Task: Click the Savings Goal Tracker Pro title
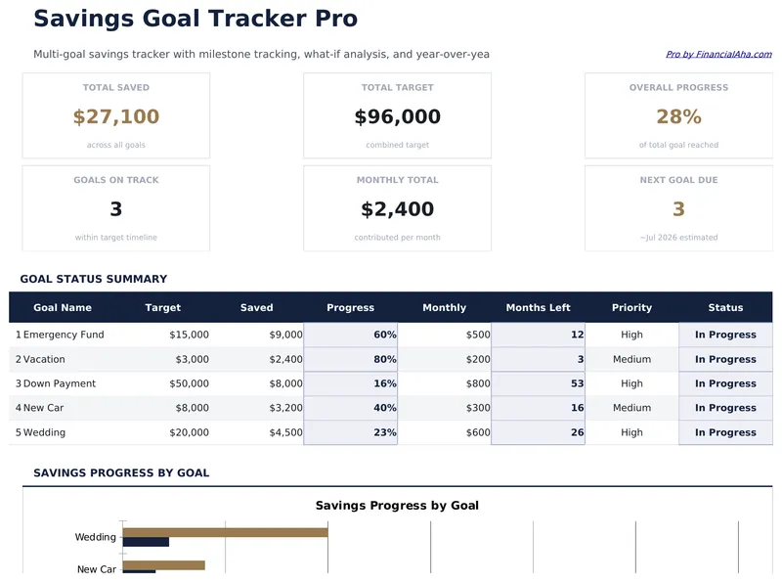pyautogui.click(x=195, y=19)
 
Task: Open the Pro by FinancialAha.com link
pyautogui.click(x=717, y=55)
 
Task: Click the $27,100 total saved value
pyautogui.click(x=115, y=117)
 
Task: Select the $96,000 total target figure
pyautogui.click(x=397, y=117)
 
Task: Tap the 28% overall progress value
pyautogui.click(x=678, y=117)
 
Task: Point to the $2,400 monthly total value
pyautogui.click(x=397, y=209)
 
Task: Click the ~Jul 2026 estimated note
pyautogui.click(x=678, y=238)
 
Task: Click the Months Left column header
pyautogui.click(x=538, y=308)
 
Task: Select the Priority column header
pyautogui.click(x=631, y=308)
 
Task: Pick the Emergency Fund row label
pyautogui.click(x=64, y=335)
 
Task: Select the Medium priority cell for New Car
pyautogui.click(x=631, y=408)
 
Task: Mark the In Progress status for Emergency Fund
pyautogui.click(x=725, y=335)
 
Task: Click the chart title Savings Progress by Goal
pyautogui.click(x=397, y=506)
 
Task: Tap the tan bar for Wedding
pyautogui.click(x=225, y=533)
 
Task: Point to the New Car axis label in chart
pyautogui.click(x=96, y=569)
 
